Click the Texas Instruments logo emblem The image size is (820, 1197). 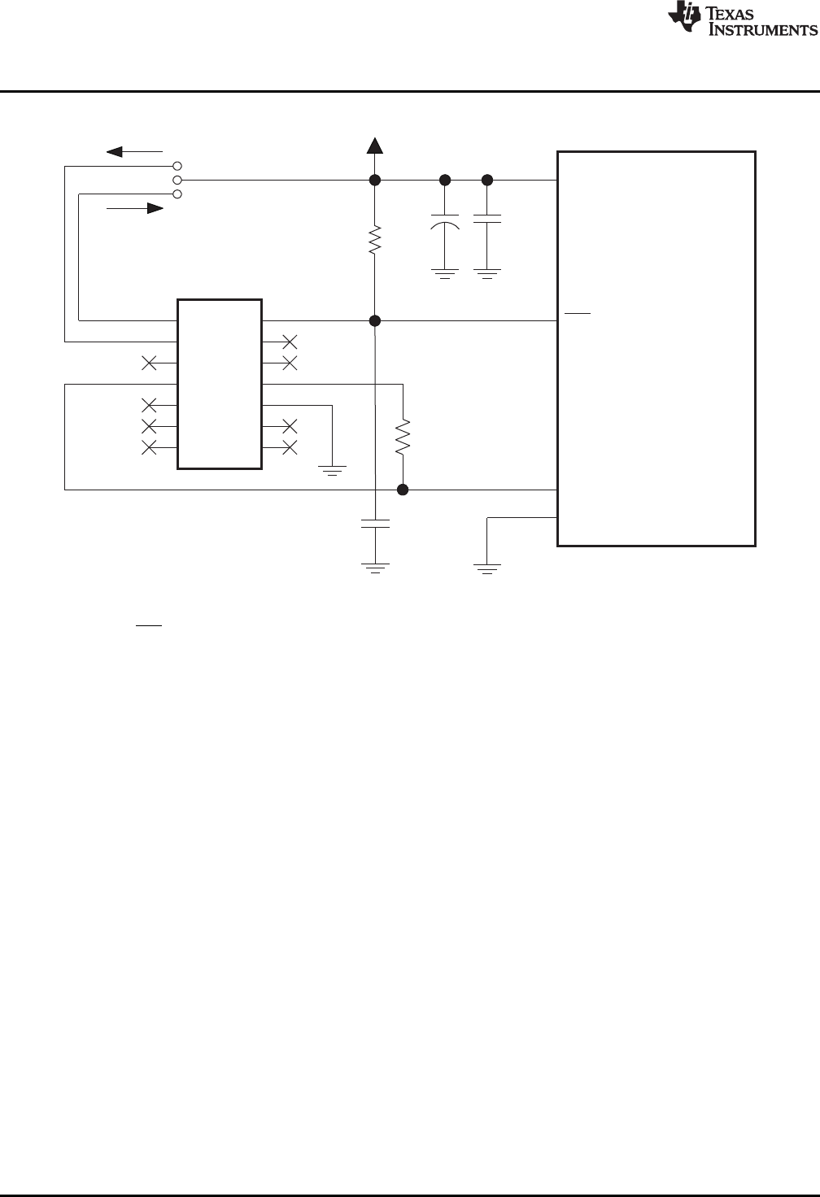click(683, 19)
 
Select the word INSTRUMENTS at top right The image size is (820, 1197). click(764, 30)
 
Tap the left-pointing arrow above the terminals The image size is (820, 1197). click(135, 151)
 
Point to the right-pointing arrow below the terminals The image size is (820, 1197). click(135, 208)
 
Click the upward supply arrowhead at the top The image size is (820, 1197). click(375, 146)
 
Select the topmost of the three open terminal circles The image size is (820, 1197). click(177, 166)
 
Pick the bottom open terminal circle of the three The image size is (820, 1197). click(177, 194)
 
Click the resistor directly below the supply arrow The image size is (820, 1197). click(375, 240)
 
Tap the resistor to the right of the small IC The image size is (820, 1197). click(403, 437)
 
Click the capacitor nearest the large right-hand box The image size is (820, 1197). click(487, 220)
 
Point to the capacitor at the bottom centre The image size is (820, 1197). click(375, 523)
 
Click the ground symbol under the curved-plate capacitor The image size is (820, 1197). click(444, 273)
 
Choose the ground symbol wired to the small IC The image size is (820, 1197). click(333, 469)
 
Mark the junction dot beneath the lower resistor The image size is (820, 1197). click(403, 490)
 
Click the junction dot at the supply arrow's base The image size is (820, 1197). click(375, 180)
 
